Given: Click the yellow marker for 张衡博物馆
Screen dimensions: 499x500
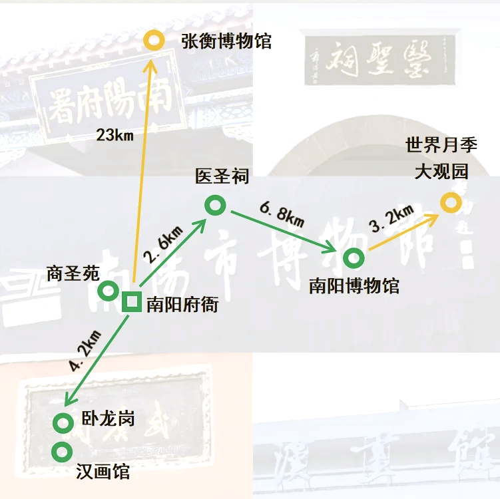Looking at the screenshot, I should point(154,40).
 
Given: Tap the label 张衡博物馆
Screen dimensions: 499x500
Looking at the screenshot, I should point(226,41).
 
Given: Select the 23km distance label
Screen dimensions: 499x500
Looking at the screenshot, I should point(115,136).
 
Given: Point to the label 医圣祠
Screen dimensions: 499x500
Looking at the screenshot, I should point(222,176).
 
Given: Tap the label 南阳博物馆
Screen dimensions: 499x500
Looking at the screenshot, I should point(354,286).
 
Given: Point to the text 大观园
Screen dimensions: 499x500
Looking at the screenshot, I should point(441,172).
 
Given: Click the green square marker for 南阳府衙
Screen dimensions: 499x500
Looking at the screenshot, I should point(132,303).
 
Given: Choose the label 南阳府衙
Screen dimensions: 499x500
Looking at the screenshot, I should point(182,305).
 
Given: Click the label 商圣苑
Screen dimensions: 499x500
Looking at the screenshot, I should point(73,272).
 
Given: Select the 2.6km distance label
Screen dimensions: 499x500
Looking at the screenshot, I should point(163,247).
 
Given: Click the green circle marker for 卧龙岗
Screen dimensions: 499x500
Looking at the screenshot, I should point(63,422).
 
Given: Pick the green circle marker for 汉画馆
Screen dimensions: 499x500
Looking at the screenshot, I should point(63,451).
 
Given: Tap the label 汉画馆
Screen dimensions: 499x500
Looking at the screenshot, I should point(103,472).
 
